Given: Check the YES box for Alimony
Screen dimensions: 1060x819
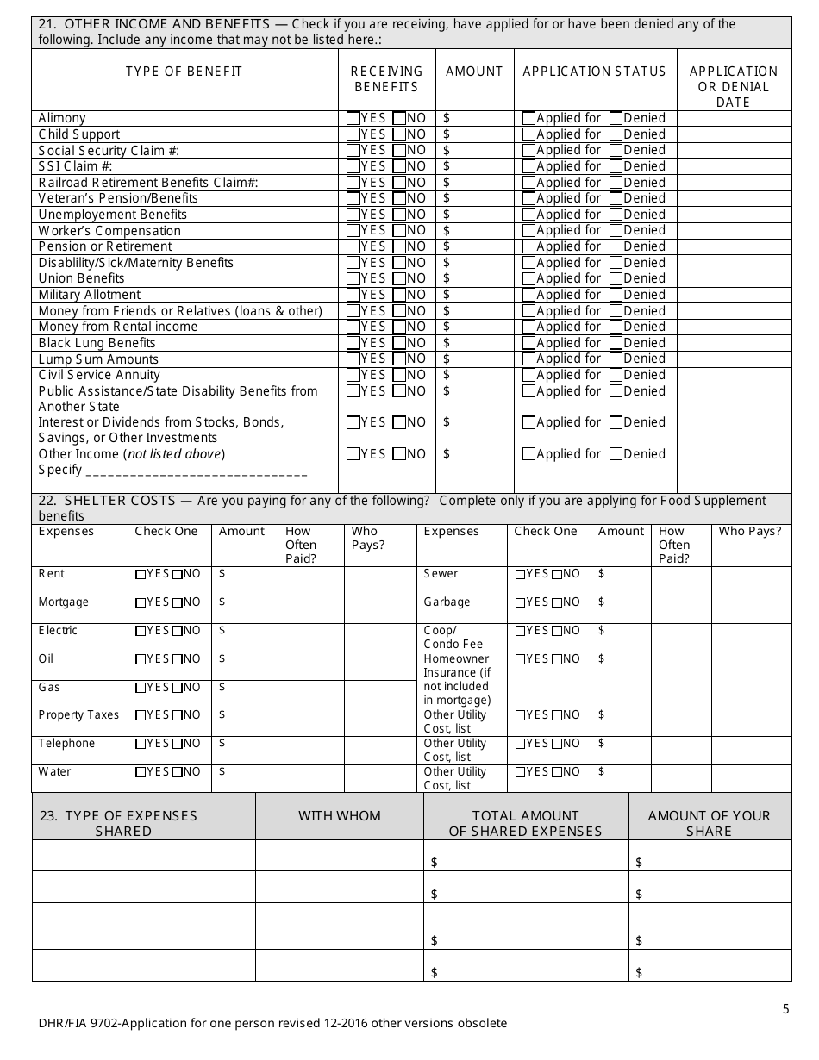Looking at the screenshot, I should (x=353, y=118).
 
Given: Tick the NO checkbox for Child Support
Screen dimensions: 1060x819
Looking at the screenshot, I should (x=399, y=134).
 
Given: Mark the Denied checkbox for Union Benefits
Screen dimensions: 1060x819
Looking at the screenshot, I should (x=616, y=278).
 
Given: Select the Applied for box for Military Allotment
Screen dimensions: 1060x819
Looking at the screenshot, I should (x=529, y=295).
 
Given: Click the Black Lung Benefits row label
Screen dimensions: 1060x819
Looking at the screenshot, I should (x=84, y=343).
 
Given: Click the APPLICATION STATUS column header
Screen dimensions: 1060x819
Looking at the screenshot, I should (x=595, y=72).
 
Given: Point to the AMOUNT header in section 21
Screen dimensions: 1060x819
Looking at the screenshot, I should (x=474, y=72).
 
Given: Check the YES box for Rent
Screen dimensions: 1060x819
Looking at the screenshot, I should (x=141, y=574).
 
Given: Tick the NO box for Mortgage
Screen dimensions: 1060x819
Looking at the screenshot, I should (x=177, y=602).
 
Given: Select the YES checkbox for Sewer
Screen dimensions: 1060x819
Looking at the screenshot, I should (x=520, y=574).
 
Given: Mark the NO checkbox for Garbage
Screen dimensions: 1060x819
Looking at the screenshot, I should (x=557, y=602).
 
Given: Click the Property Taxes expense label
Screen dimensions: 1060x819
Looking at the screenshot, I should (x=78, y=715).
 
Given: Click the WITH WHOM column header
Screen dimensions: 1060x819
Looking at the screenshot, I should (x=339, y=816).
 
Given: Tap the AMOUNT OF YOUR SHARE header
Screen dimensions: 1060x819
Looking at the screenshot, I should (x=709, y=823).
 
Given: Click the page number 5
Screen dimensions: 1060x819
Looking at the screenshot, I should (x=785, y=1009).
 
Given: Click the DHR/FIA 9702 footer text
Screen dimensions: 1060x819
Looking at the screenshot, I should (x=272, y=1024).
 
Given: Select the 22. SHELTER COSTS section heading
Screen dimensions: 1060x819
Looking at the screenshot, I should (x=106, y=501).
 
